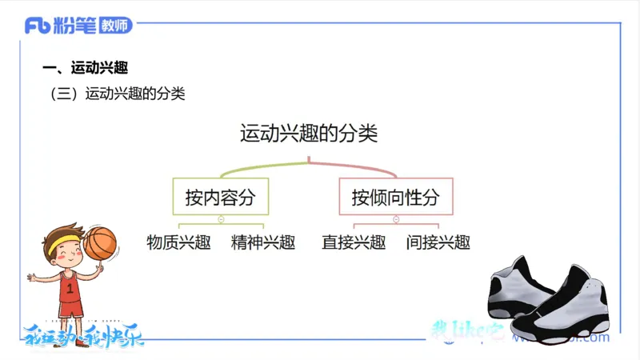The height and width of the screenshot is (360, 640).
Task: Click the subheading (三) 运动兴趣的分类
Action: coord(118,94)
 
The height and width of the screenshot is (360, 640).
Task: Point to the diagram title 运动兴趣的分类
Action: coord(309,133)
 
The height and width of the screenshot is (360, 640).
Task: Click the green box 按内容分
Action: coord(219,197)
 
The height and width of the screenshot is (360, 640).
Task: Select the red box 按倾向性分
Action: coord(395,197)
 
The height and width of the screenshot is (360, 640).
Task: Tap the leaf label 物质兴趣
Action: coord(178,242)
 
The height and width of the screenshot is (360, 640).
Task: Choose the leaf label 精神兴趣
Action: coord(263,242)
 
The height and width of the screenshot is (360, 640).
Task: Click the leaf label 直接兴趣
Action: coord(354,242)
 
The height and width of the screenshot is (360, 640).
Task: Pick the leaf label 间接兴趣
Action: coord(438,242)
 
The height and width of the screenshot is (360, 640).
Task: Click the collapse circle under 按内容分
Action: coord(220,218)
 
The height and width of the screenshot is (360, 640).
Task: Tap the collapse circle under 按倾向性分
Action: coord(395,218)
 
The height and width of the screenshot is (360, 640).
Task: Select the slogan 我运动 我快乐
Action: coord(84,335)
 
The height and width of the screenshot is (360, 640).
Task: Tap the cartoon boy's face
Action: coord(68,257)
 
